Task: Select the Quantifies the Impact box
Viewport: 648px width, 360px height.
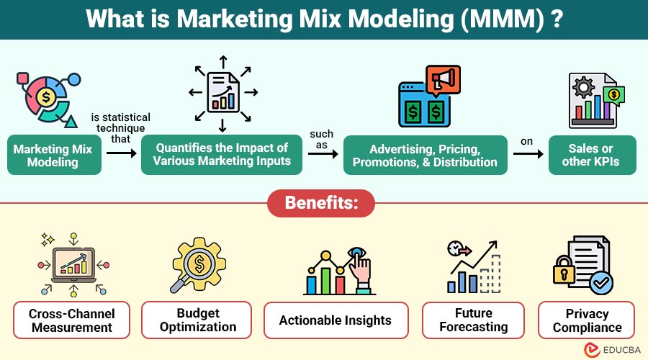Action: [x=222, y=155]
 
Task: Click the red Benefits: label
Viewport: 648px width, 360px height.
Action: [x=321, y=202]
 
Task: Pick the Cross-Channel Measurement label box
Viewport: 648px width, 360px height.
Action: [x=71, y=320]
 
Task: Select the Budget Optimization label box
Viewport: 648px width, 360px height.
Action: [x=197, y=320]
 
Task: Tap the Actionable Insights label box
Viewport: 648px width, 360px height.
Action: [x=336, y=320]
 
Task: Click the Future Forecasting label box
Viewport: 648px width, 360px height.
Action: [x=473, y=320]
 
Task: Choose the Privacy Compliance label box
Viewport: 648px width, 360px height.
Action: [x=587, y=320]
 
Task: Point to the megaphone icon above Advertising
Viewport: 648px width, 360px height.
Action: [x=444, y=81]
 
